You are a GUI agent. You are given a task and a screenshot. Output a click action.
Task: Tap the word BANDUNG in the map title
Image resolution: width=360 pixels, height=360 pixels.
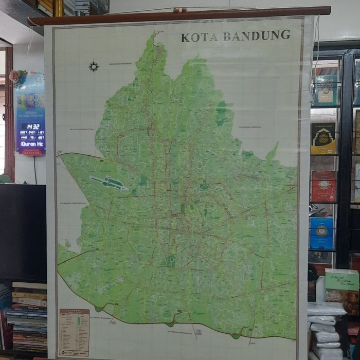(x=257, y=35)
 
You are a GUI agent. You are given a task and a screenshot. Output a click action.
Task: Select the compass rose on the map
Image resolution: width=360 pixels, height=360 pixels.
(x=94, y=66)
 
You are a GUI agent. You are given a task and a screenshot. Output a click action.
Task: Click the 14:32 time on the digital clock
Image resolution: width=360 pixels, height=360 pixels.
(x=30, y=126)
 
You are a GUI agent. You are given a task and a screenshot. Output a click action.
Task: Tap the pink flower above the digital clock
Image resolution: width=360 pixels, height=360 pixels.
(x=15, y=76)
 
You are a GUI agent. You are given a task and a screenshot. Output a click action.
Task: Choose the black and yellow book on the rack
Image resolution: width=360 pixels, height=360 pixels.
(x=323, y=138)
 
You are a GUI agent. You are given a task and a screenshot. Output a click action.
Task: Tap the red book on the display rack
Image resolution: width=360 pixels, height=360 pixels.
(x=323, y=186)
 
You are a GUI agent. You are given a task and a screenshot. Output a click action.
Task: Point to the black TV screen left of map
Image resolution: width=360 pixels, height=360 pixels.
(x=23, y=231)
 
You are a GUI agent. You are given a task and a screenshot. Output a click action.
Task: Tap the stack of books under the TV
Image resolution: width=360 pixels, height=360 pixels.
(x=29, y=316)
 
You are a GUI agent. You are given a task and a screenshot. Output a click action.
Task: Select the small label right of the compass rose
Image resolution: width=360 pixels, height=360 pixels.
(x=121, y=64)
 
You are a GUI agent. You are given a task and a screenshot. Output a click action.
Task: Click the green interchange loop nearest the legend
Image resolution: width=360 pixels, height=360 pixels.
(x=98, y=309)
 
